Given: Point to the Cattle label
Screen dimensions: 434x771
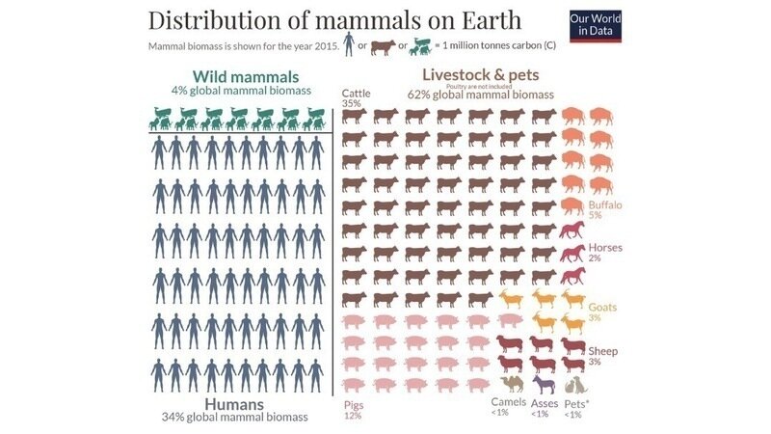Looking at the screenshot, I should click(357, 93).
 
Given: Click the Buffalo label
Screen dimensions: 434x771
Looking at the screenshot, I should click(605, 205).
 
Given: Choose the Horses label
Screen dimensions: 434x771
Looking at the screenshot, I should click(605, 248).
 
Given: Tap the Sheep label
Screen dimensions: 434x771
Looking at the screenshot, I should click(602, 350).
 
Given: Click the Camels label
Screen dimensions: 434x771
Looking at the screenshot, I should click(508, 401).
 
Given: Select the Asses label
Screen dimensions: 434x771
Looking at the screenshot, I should click(545, 401).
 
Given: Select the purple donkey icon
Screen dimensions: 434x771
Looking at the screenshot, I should click(543, 385).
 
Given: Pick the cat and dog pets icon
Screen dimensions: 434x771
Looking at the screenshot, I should click(575, 385).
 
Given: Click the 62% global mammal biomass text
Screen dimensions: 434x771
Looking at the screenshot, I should click(481, 95).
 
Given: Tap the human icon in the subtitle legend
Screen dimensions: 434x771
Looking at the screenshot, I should click(348, 45).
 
